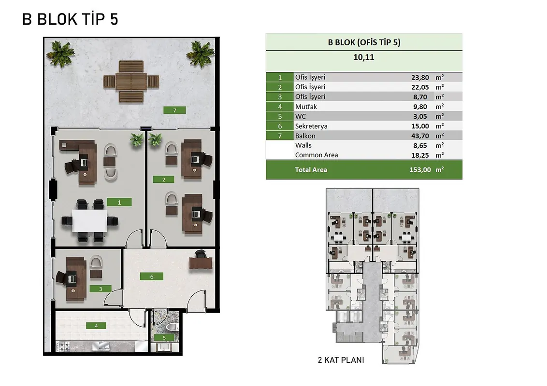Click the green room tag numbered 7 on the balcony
point(174,110)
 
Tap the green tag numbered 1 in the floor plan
point(119,202)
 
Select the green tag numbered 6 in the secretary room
point(152,276)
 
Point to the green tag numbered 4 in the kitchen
point(96,326)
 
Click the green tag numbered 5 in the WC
point(164,338)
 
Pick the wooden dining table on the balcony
point(131,82)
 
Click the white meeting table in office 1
point(90,221)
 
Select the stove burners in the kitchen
point(63,346)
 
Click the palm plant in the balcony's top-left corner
point(61,53)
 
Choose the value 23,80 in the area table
point(420,77)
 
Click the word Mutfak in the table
point(306,107)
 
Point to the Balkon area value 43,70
point(420,136)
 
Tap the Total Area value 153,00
point(420,170)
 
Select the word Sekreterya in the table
point(311,126)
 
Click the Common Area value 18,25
point(420,155)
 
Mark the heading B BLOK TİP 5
point(70,19)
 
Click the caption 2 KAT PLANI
point(341,360)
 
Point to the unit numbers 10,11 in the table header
point(363,57)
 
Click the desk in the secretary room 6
point(201,262)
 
